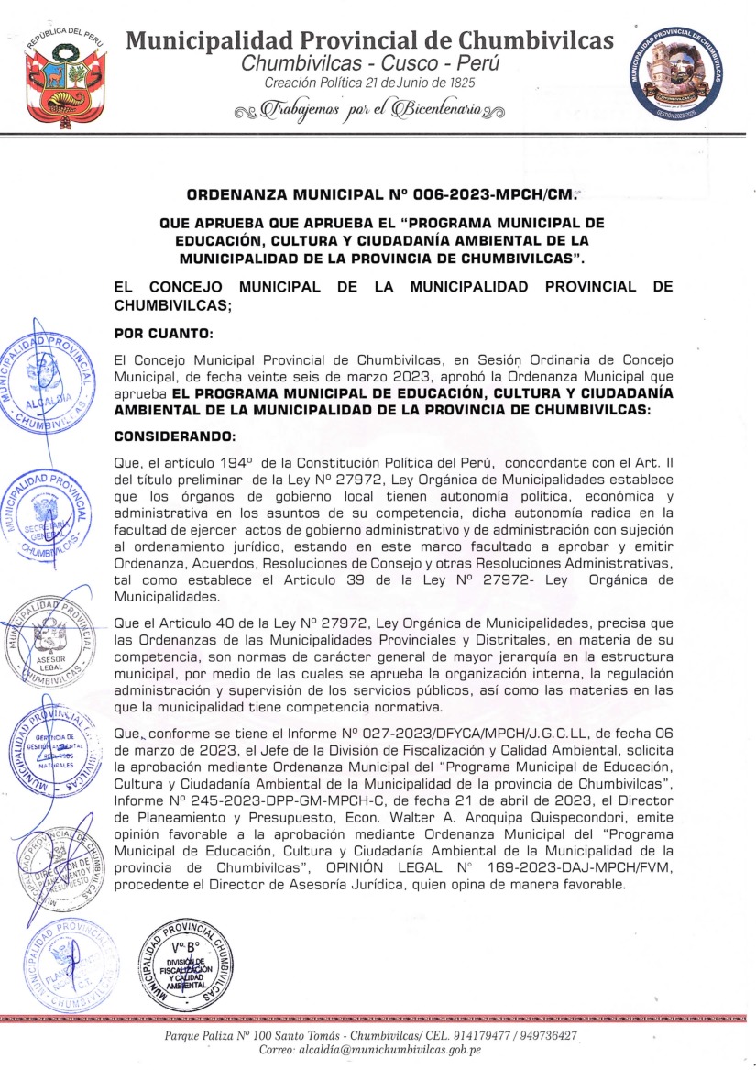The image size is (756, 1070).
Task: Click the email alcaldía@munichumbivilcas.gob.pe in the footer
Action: (394, 1050)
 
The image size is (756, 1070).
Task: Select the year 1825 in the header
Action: (460, 83)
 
